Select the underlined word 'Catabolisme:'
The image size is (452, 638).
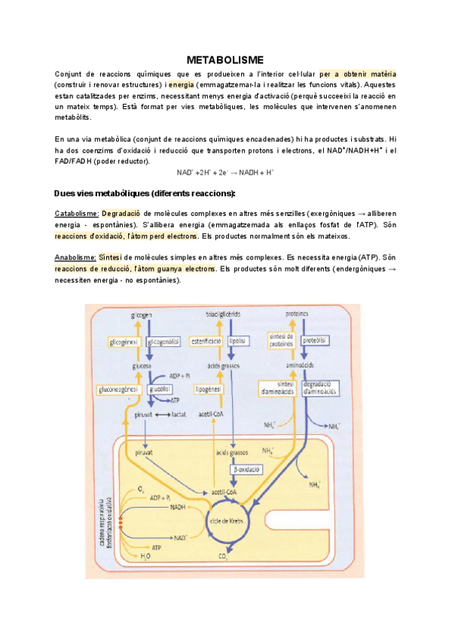click(x=77, y=214)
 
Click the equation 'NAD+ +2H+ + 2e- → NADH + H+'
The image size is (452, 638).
click(x=225, y=172)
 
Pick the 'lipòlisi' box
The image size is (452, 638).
click(x=240, y=341)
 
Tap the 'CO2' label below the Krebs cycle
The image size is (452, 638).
click(x=224, y=557)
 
